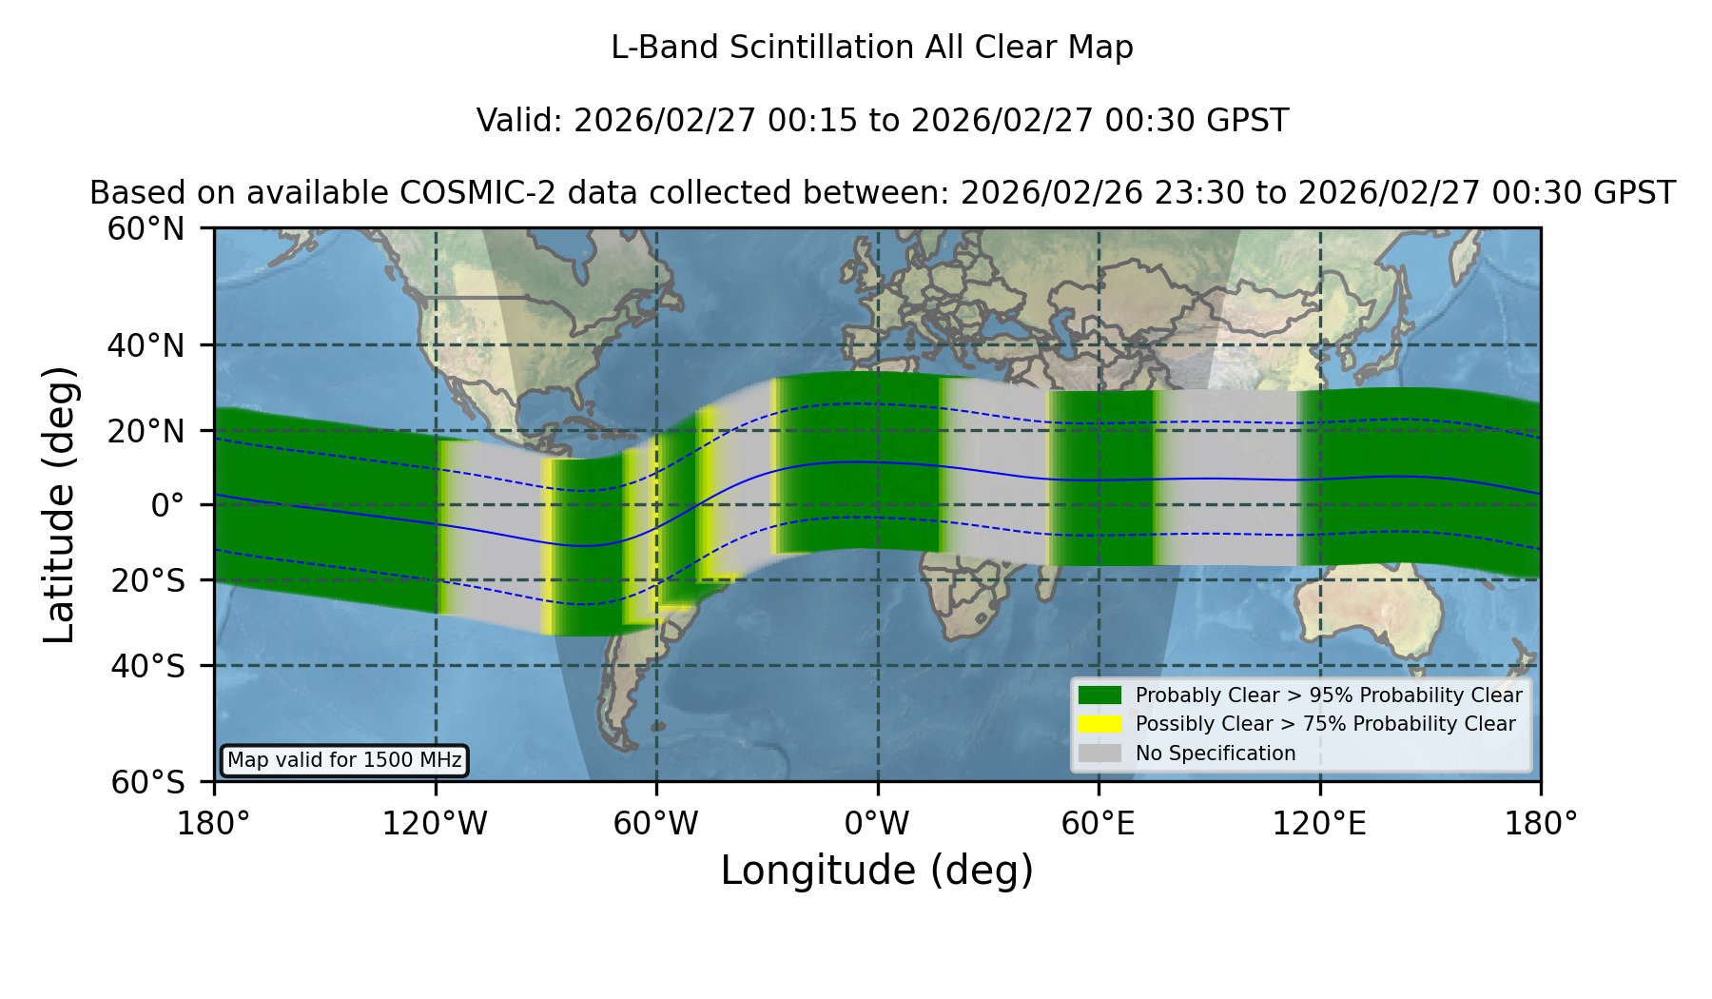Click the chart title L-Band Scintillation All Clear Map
click(x=872, y=48)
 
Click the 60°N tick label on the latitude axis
click(x=146, y=229)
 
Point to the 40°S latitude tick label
click(x=147, y=666)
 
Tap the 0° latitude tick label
click(x=167, y=505)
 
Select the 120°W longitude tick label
click(x=435, y=824)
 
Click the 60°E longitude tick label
click(x=1099, y=824)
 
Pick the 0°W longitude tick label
click(x=877, y=824)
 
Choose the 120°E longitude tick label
click(x=1319, y=824)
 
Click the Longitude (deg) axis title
click(x=877, y=871)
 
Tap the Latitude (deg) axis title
click(x=59, y=504)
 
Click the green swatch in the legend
click(x=1100, y=695)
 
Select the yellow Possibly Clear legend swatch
click(x=1100, y=724)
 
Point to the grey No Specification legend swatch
click(x=1100, y=754)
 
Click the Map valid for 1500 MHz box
click(x=344, y=760)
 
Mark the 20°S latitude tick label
click(x=147, y=580)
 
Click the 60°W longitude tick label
click(x=656, y=824)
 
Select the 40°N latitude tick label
click(x=146, y=345)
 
